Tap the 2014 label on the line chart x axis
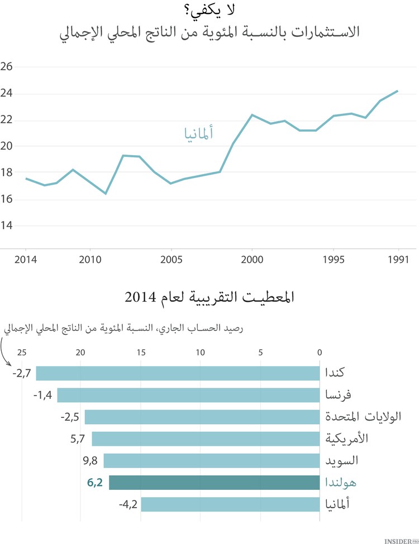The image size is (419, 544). (x=26, y=259)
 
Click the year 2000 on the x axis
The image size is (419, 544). (x=251, y=259)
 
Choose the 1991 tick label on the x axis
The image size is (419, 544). (x=398, y=259)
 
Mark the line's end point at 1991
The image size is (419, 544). (x=397, y=91)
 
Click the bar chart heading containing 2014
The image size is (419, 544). (x=209, y=297)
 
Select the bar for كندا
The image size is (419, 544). (x=178, y=373)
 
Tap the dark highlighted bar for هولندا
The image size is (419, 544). (x=214, y=483)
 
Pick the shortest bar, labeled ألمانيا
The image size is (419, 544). (x=230, y=504)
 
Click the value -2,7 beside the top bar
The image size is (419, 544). (x=22, y=373)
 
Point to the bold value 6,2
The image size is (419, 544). (x=95, y=483)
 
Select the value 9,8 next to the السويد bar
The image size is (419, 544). (x=90, y=461)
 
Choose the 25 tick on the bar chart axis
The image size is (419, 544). (x=22, y=353)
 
